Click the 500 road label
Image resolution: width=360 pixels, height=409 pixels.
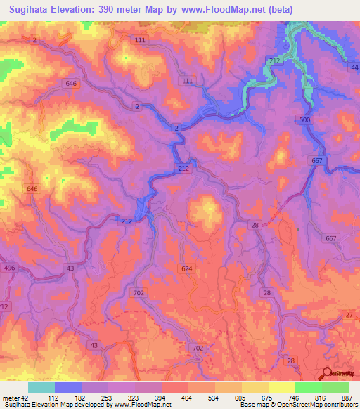click(304, 120)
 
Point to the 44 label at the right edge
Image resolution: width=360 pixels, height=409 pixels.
click(354, 67)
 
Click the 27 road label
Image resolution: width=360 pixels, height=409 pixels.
click(349, 316)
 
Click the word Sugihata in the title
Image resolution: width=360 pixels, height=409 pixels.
click(29, 11)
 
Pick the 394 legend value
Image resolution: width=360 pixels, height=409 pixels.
click(161, 397)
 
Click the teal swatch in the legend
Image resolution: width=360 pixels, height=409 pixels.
click(41, 387)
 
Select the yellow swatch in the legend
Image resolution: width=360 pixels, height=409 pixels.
click(281, 387)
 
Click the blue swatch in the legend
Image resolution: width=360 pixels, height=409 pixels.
click(68, 387)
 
